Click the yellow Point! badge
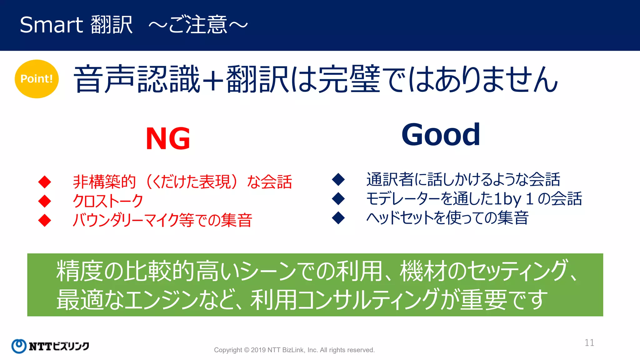[37, 79]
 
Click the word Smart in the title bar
[51, 25]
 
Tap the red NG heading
[168, 139]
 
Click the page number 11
[589, 342]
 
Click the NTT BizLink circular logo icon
[19, 346]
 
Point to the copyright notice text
[294, 350]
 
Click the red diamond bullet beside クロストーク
[45, 201]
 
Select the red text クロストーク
[108, 201]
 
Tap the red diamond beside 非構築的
[45, 182]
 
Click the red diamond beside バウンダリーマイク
[45, 220]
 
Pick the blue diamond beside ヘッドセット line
[338, 218]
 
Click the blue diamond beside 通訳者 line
[338, 179]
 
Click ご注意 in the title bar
[197, 25]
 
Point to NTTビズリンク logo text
[59, 346]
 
